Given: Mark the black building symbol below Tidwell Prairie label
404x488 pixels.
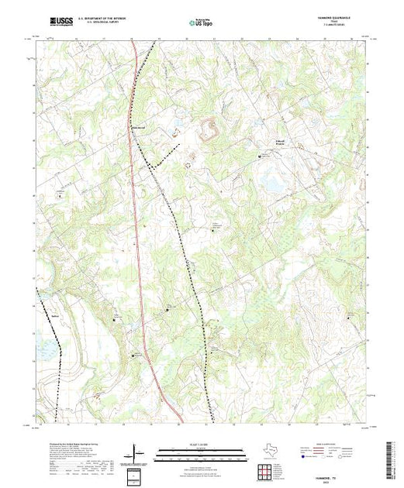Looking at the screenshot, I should click(259, 156).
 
